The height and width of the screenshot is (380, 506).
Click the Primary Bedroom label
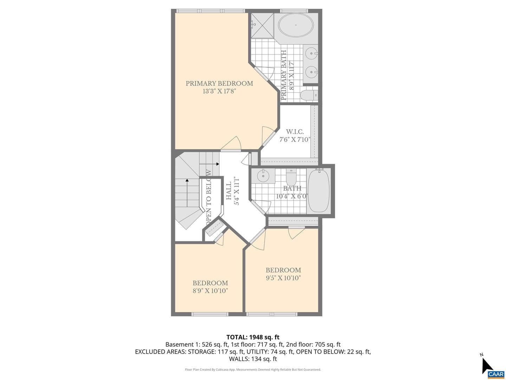(219, 83)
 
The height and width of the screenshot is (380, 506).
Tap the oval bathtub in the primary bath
(296, 25)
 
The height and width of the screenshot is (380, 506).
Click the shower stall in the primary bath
(262, 26)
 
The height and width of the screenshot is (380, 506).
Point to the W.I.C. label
(294, 132)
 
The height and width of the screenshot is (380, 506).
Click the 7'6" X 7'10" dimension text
(294, 140)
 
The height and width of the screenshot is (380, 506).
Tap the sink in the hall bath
(263, 176)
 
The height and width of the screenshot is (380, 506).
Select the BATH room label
(292, 188)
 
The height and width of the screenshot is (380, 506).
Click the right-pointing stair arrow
(209, 164)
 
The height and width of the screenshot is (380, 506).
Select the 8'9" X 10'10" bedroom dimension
(210, 291)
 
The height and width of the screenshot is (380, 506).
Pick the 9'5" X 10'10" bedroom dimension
(283, 278)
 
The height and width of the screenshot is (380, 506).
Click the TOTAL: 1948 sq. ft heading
(253, 337)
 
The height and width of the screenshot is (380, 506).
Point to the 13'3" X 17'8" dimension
(219, 91)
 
